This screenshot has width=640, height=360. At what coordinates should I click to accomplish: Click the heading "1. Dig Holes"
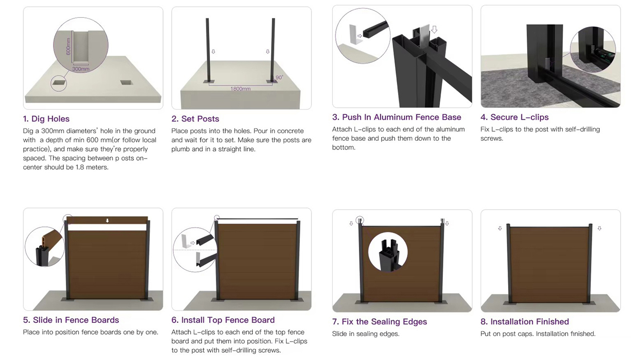[46, 119]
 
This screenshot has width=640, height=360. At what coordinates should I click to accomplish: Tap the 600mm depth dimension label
[68, 46]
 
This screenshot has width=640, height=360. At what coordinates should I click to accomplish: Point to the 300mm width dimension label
[80, 69]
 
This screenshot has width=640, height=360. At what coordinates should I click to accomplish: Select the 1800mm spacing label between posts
[240, 89]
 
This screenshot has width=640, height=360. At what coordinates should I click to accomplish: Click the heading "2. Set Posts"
[196, 119]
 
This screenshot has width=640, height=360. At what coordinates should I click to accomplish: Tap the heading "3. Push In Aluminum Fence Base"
[396, 117]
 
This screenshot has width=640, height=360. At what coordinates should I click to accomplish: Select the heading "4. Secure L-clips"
[514, 117]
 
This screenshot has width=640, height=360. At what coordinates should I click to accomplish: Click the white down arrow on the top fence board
[108, 220]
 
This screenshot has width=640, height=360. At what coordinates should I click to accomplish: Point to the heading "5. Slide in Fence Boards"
[71, 320]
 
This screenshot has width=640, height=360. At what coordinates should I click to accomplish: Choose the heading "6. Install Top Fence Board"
[223, 320]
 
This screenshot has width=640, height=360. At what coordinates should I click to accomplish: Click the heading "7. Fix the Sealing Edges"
[380, 322]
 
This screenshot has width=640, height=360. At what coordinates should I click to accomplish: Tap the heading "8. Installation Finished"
[524, 322]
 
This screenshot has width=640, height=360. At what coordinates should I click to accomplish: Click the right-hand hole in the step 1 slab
[126, 82]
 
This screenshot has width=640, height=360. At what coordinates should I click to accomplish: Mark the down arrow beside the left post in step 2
[213, 52]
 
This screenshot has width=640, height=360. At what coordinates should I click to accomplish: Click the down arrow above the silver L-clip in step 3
[434, 30]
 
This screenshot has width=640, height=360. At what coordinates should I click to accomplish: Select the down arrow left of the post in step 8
[500, 228]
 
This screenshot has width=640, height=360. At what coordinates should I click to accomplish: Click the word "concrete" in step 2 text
[290, 131]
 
